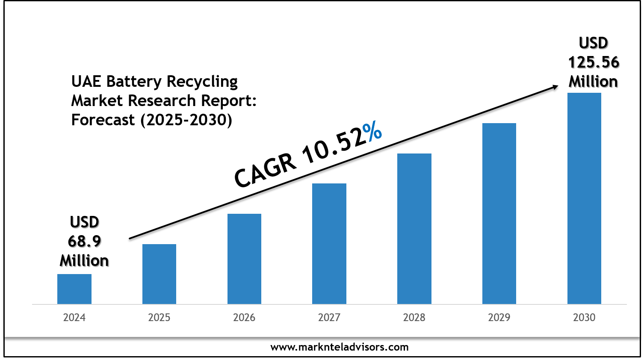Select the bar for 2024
pos(74,289)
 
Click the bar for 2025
pos(159,274)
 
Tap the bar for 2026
pos(244,259)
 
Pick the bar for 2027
pos(329,244)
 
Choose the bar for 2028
pos(414,229)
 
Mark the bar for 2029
pos(499,213)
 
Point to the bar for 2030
pos(584,198)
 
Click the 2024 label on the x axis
pos(74,318)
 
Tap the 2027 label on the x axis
pos(329,318)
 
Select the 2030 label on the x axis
pos(584,318)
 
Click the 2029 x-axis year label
pos(499,318)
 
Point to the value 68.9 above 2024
pos(84,242)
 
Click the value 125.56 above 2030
pos(594,62)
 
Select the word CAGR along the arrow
pos(265,170)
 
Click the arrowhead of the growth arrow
pos(555,87)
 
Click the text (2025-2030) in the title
pos(186,120)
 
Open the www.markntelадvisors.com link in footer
pos(340,347)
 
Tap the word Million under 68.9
pos(84,261)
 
